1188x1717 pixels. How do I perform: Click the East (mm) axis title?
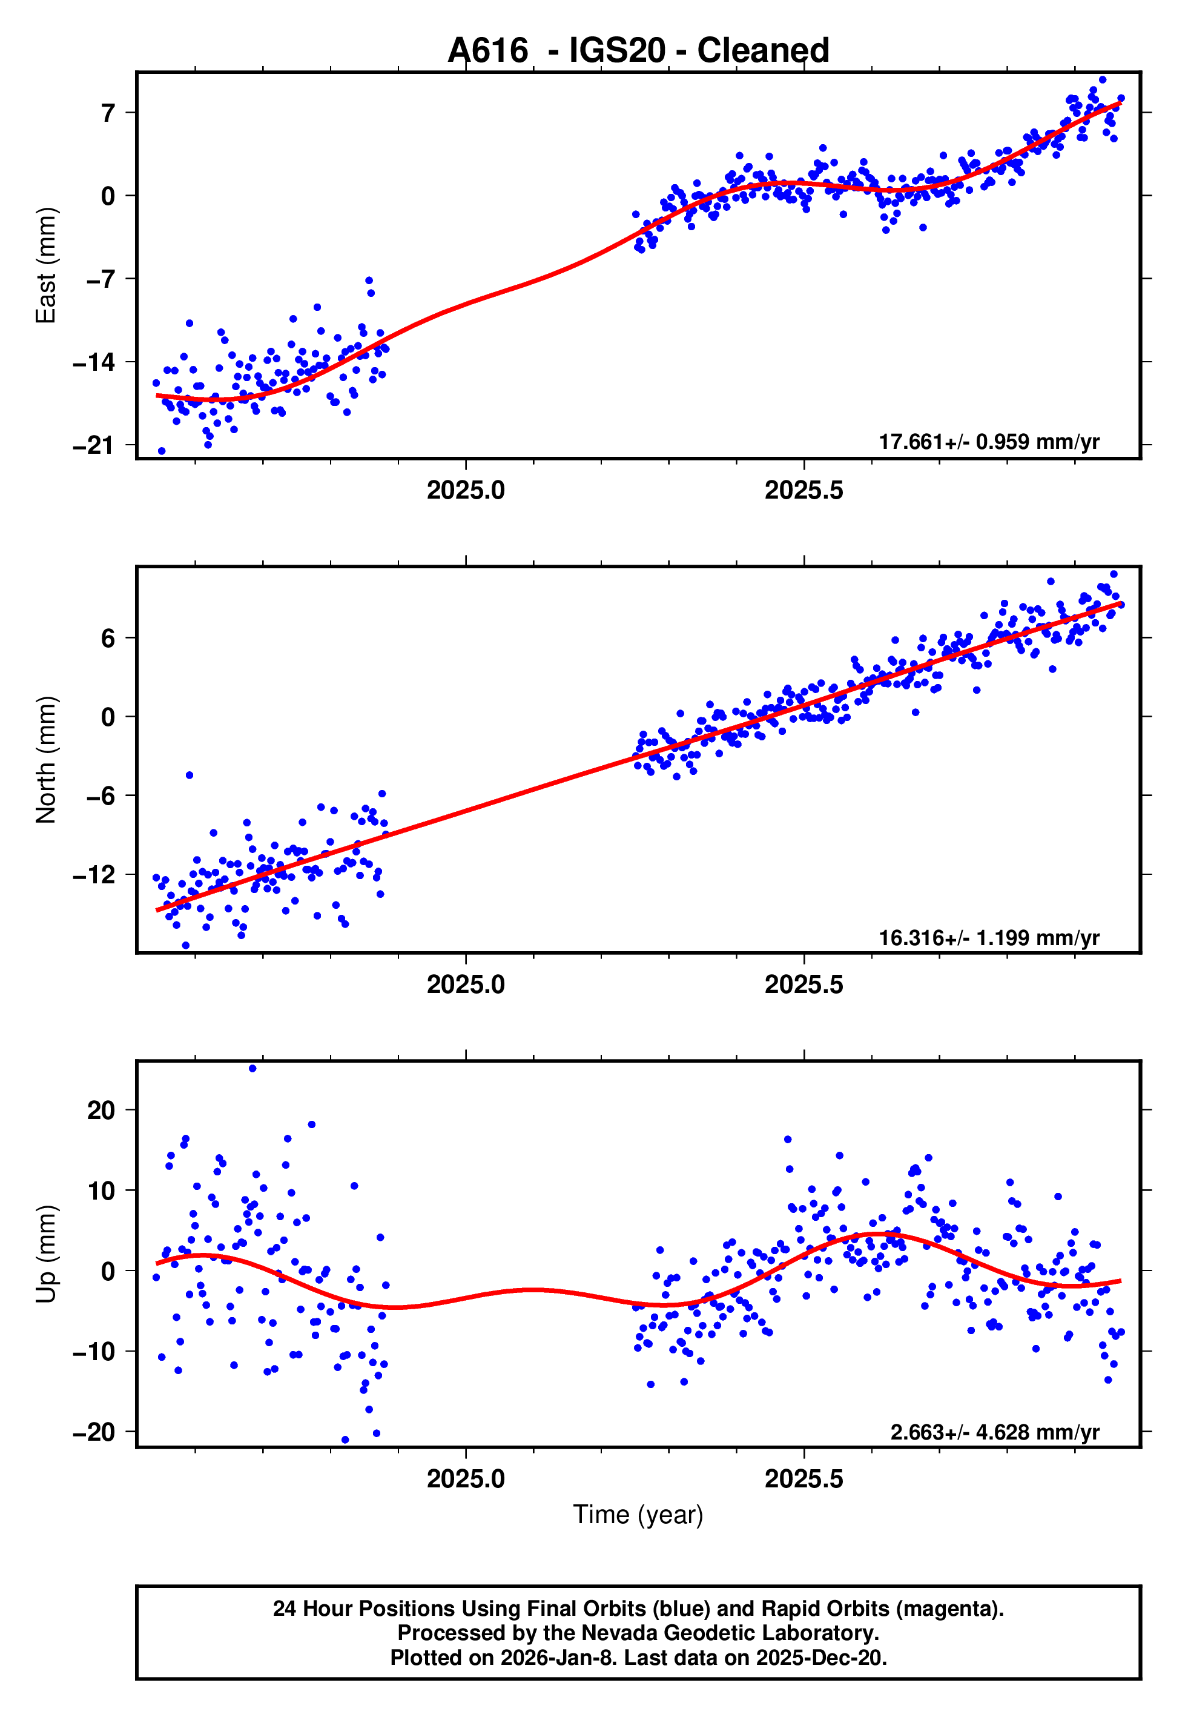46,265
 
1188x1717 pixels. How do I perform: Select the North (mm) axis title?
46,760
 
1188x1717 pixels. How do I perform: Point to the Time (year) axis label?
638,1515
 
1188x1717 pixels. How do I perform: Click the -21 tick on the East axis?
94,445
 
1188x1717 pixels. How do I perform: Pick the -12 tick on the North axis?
94,874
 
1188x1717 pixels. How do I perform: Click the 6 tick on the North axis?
108,638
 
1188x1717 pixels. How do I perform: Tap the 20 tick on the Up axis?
101,1110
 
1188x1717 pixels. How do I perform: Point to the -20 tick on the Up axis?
94,1432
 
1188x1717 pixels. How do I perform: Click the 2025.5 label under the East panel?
804,491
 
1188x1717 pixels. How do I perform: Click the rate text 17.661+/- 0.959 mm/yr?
989,442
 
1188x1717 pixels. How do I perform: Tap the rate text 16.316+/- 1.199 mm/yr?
989,937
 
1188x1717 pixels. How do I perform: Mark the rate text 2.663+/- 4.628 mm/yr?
994,1432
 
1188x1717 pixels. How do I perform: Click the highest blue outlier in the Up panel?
252,1069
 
